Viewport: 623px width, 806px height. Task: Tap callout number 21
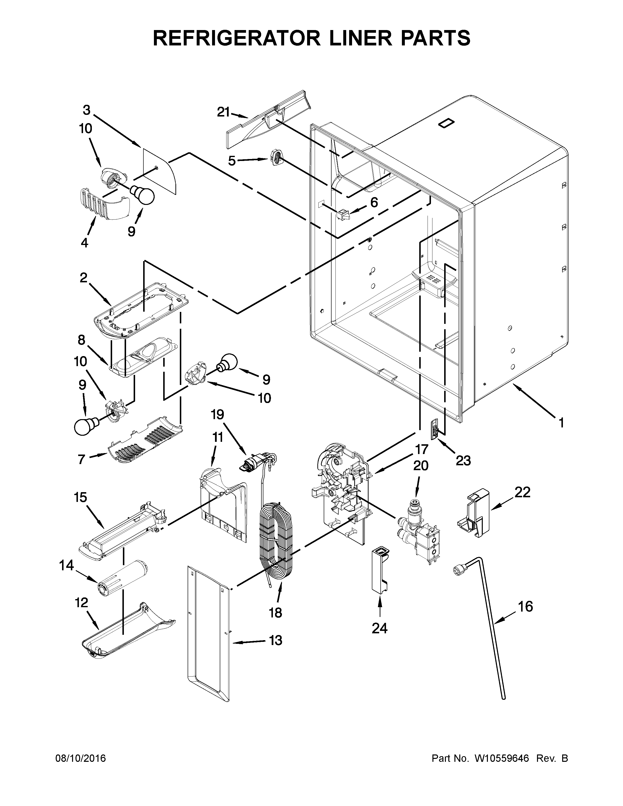223,112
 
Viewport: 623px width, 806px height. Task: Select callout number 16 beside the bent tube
526,606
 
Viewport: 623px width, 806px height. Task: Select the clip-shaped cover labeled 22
473,513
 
